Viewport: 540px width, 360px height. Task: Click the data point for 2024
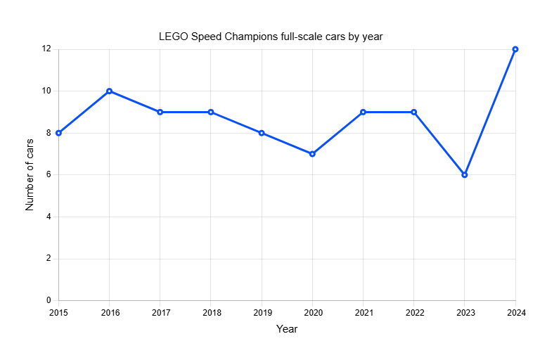tap(515, 49)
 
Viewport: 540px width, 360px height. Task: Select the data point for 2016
tap(110, 91)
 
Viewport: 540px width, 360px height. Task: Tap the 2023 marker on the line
tap(465, 175)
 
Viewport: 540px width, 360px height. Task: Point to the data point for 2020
tap(312, 154)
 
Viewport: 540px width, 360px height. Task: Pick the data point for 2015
tap(59, 133)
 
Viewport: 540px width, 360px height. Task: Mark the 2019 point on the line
tap(262, 133)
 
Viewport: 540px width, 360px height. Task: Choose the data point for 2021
tap(364, 112)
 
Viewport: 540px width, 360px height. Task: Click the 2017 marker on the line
tap(160, 112)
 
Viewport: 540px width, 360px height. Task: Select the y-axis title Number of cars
tap(30, 174)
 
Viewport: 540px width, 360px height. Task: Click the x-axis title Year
tap(287, 328)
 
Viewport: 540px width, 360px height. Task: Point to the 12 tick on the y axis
tap(46, 49)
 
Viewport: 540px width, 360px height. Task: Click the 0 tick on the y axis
tap(49, 301)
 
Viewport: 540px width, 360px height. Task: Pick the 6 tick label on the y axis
tap(49, 175)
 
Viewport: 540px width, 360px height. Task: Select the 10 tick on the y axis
tap(46, 91)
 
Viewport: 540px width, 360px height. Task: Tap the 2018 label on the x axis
tap(211, 312)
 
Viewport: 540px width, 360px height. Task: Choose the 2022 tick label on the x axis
tap(414, 312)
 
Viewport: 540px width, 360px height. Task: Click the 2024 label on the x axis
tap(515, 312)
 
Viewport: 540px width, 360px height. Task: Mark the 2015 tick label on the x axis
tap(59, 312)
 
